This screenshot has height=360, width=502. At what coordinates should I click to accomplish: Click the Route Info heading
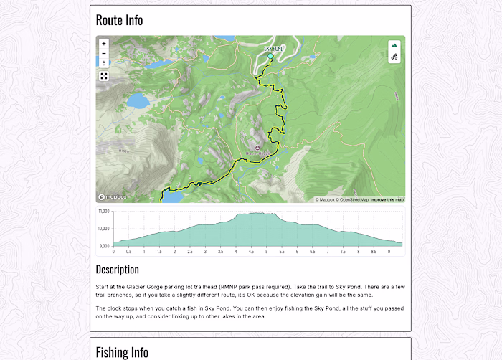tap(119, 20)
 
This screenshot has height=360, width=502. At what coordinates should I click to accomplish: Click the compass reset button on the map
tap(104, 63)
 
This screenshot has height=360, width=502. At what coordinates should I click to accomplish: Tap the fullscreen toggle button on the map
tap(104, 76)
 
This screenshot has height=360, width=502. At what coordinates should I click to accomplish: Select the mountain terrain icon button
tap(394, 45)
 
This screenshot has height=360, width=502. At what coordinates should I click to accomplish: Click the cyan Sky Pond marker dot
tap(270, 55)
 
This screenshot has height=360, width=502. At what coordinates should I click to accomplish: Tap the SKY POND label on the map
tap(269, 48)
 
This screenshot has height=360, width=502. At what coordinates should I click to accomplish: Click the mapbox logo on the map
tap(113, 197)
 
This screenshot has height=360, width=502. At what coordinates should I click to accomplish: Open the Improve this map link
tap(387, 200)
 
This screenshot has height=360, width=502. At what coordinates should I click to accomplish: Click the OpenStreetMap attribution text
tap(354, 200)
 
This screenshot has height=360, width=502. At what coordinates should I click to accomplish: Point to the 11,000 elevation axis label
tap(103, 212)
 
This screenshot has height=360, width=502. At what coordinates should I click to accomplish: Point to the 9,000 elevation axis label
tap(104, 246)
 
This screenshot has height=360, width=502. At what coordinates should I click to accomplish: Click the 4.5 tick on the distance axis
tap(251, 252)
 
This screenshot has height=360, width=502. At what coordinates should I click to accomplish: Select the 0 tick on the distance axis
tap(113, 252)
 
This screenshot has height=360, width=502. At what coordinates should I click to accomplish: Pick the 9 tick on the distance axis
tap(389, 252)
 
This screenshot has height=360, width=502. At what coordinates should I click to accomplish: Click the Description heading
tap(117, 270)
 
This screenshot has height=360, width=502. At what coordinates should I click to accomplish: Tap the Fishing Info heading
tap(122, 352)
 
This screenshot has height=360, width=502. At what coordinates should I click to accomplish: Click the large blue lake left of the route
tap(138, 100)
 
